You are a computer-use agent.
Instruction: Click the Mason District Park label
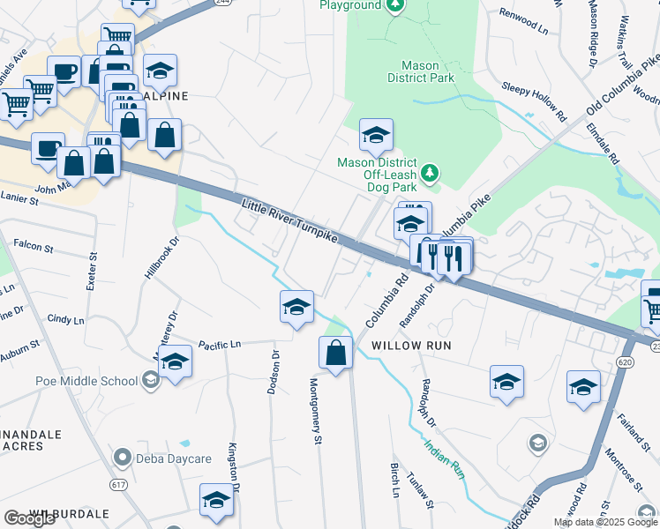[428, 71]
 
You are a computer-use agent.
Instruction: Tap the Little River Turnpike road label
[291, 224]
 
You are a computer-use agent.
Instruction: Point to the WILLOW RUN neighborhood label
[411, 346]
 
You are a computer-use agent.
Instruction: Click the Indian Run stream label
[444, 458]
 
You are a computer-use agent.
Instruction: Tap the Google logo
[29, 518]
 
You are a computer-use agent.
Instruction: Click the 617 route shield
[117, 486]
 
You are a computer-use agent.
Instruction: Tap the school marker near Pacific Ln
[175, 361]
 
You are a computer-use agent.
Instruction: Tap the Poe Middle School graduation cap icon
[150, 380]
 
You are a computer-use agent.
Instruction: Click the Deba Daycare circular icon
[123, 458]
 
